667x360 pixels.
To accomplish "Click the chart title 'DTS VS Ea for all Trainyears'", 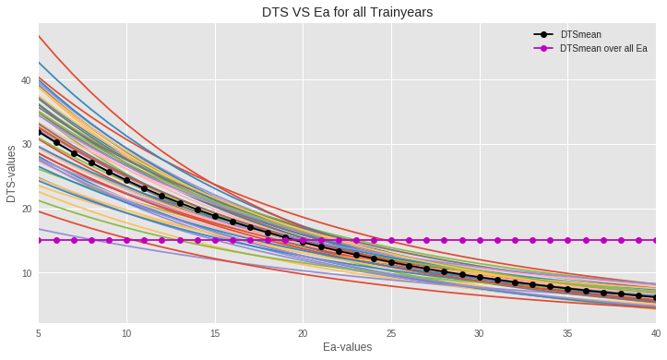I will [x=346, y=12].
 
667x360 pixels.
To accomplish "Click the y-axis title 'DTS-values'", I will [x=11, y=174].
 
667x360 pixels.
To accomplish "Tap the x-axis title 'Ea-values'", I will [x=347, y=347].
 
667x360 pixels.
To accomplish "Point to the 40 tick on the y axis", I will [x=25, y=80].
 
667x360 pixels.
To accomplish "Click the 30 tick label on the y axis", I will [x=25, y=145].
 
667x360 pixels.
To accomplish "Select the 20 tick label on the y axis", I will [x=25, y=209].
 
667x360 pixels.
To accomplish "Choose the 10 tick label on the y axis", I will [x=25, y=273].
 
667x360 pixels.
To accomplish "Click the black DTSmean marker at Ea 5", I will [x=39, y=132].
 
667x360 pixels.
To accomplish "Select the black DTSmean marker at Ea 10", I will [x=126, y=180].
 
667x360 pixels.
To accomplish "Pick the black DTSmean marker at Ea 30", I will [x=480, y=277].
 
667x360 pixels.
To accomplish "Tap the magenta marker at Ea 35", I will [x=567, y=240].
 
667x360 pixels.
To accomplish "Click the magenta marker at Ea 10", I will [x=126, y=240].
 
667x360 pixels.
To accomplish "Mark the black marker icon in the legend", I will [x=543, y=34].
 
